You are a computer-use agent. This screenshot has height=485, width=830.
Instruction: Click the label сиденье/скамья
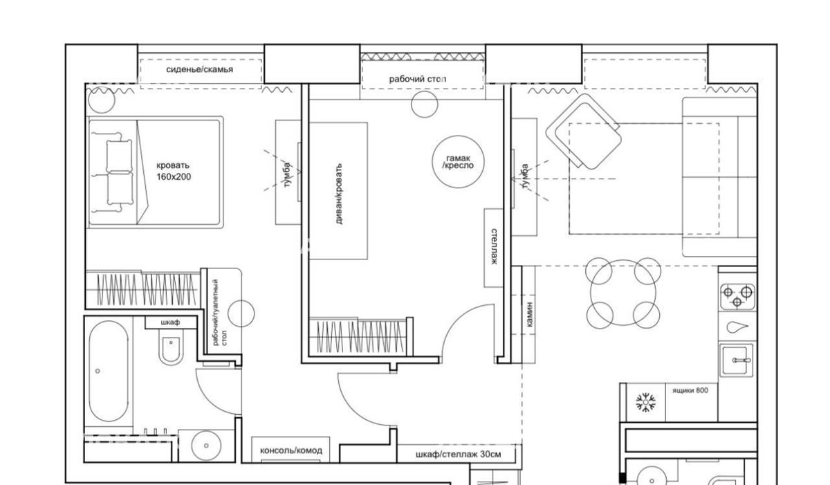pos(199,70)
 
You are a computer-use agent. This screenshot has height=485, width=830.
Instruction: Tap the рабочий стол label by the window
pos(418,79)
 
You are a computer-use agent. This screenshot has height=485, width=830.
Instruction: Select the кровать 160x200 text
pos(174,171)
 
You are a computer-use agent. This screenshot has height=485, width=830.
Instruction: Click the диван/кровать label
pos(339,194)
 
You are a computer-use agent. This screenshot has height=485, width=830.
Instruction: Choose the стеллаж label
pos(494,246)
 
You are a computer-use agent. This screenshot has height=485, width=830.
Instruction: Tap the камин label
pos(530,315)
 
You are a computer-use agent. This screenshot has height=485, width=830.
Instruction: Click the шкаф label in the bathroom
pos(170,322)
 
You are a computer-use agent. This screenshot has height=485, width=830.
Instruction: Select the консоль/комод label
pos(291,450)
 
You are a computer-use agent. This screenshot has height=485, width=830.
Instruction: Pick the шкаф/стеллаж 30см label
pos(459,455)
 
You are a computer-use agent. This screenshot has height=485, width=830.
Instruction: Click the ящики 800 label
pos(690,390)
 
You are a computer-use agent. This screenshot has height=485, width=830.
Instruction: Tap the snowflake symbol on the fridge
pos(646,403)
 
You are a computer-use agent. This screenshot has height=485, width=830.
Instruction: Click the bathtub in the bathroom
pos(109,371)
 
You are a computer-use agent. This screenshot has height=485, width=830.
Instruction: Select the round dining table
pos(623,293)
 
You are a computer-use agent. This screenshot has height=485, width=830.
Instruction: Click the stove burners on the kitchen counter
pos(737,297)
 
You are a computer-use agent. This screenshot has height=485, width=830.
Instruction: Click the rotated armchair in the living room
pos(584,131)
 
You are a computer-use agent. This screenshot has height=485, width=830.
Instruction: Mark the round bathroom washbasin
pos(206,446)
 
